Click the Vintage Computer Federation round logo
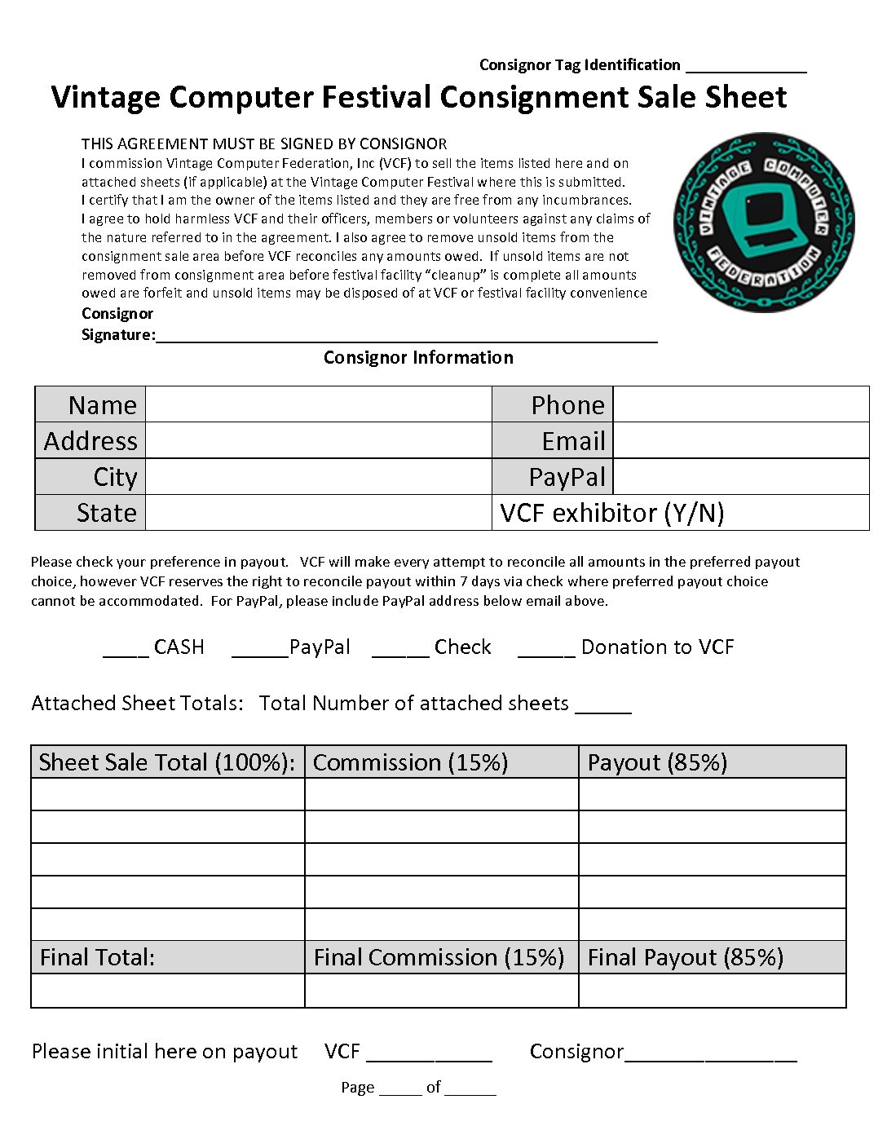tap(764, 222)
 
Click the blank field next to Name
tap(318, 404)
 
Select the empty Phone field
tap(740, 404)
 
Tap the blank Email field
tap(740, 440)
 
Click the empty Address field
tap(318, 440)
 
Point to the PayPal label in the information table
tap(567, 477)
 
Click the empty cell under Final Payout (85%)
tap(712, 991)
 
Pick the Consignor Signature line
tap(406, 338)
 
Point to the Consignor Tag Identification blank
tap(746, 68)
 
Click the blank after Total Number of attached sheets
tap(603, 709)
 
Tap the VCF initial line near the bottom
tap(429, 1057)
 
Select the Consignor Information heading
tap(418, 358)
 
